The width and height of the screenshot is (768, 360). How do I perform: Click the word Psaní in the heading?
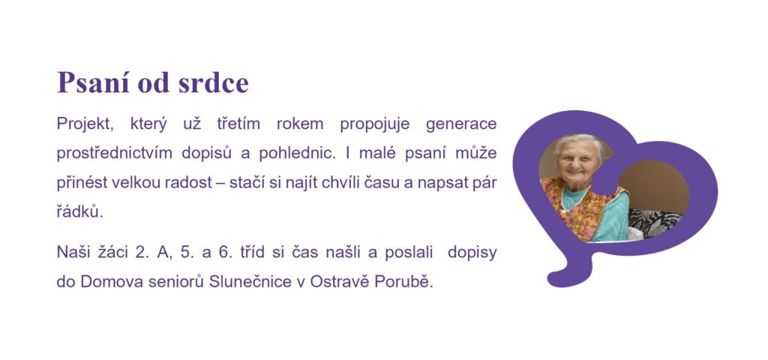click(x=94, y=82)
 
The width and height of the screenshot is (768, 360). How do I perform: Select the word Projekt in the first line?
click(x=85, y=124)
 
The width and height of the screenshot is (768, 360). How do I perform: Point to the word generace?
click(x=461, y=124)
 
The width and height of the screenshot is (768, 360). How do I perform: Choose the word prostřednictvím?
click(x=114, y=153)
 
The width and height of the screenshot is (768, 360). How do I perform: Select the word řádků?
click(x=79, y=211)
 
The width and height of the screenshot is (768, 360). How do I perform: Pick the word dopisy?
click(x=472, y=253)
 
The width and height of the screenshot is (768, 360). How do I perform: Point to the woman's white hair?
click(x=580, y=142)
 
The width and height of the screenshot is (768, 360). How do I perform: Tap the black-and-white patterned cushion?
click(x=654, y=223)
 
